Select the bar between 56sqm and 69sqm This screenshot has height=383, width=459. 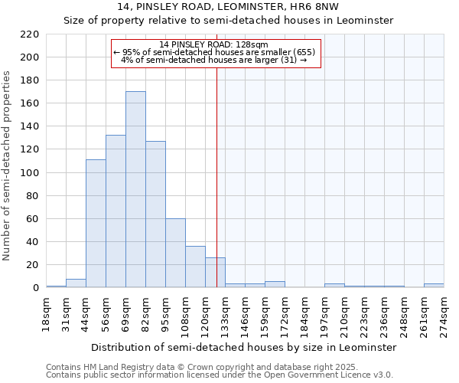tap(116, 211)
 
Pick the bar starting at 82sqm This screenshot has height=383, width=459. tap(155, 214)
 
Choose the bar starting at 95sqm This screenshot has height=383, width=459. tap(175, 254)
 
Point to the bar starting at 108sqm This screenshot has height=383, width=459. tap(195, 267)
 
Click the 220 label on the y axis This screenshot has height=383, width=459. tap(30, 34)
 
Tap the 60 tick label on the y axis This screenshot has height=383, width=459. tap(33, 219)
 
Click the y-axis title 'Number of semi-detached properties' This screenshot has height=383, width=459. tap(8, 165)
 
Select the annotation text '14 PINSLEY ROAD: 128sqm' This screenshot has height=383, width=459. tap(215, 44)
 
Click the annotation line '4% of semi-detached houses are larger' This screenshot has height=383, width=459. tap(215, 60)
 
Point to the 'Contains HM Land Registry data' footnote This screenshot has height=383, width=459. tap(191, 367)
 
